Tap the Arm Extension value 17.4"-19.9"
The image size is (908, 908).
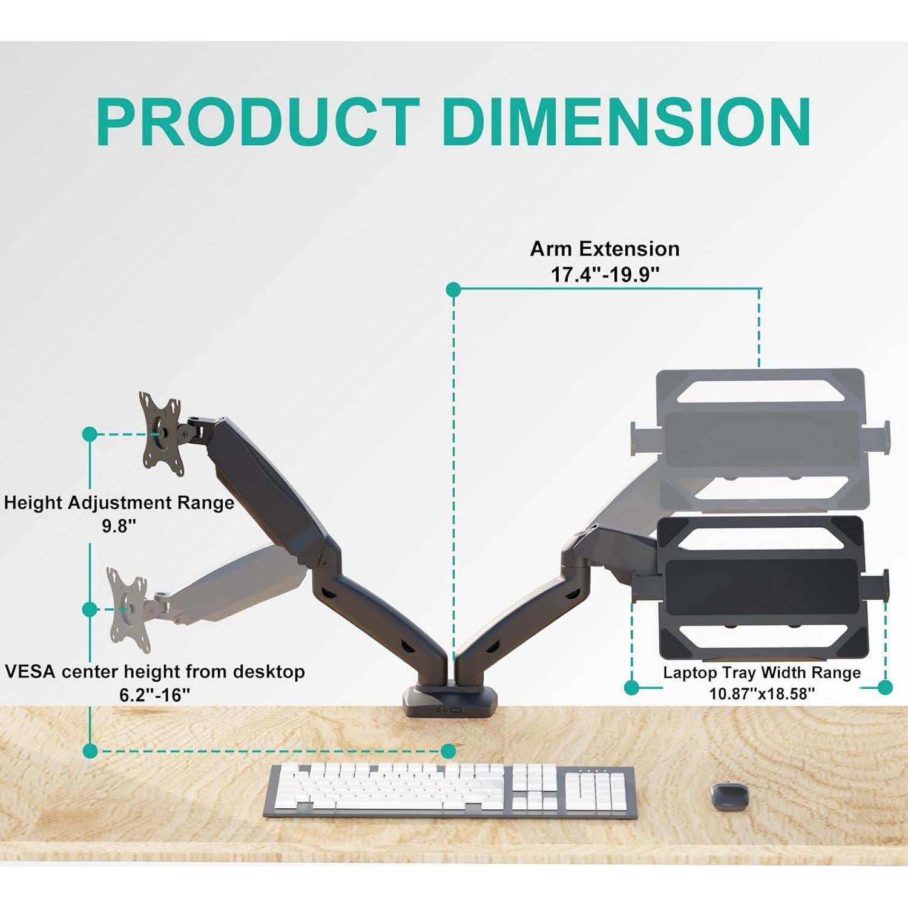pyautogui.click(x=604, y=275)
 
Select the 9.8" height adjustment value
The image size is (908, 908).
pyautogui.click(x=119, y=526)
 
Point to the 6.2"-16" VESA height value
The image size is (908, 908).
pyautogui.click(x=155, y=695)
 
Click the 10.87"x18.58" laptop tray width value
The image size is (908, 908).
pyautogui.click(x=762, y=694)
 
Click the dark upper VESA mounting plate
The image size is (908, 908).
pyautogui.click(x=162, y=433)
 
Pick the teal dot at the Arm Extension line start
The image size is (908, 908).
pyautogui.click(x=453, y=290)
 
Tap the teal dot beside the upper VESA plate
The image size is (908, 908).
pyautogui.click(x=90, y=434)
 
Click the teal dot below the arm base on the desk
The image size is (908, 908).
pyautogui.click(x=449, y=751)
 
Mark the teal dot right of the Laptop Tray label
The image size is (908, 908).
pyautogui.click(x=884, y=687)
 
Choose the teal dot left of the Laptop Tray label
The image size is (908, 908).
pyautogui.click(x=631, y=687)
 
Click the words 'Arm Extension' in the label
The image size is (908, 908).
pyautogui.click(x=604, y=249)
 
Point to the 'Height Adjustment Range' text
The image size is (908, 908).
pyautogui.click(x=119, y=502)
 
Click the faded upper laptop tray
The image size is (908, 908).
pyautogui.click(x=761, y=439)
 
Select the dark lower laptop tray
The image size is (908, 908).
pyautogui.click(x=762, y=586)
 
